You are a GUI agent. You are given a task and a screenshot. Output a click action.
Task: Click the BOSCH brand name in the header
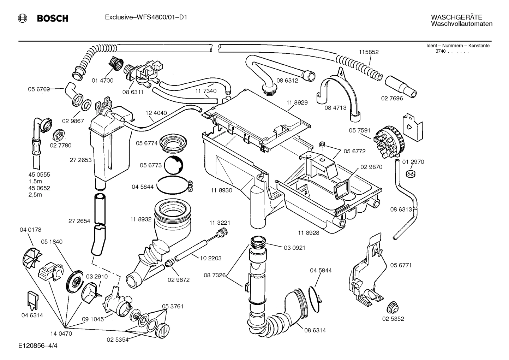[x=53, y=18]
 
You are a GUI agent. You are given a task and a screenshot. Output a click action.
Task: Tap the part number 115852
[x=369, y=52]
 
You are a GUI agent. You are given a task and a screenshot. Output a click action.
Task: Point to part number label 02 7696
[x=392, y=98]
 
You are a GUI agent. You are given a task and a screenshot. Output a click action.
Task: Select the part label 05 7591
[x=360, y=130]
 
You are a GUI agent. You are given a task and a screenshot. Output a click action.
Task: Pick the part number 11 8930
[x=221, y=190]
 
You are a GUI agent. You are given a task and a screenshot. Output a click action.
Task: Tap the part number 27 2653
[x=80, y=160]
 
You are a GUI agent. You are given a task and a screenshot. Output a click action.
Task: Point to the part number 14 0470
[x=61, y=333]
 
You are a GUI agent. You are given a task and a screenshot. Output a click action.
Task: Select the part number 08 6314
[x=315, y=330]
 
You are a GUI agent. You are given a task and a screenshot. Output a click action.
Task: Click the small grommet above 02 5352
[x=392, y=307]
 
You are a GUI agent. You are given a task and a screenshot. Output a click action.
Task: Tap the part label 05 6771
[x=401, y=265]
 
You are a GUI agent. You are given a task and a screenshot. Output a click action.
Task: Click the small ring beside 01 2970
[x=410, y=173]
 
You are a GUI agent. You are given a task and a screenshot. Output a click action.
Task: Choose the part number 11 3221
[x=220, y=223]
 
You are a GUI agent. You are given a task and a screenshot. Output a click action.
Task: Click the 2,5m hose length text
[x=35, y=195]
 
